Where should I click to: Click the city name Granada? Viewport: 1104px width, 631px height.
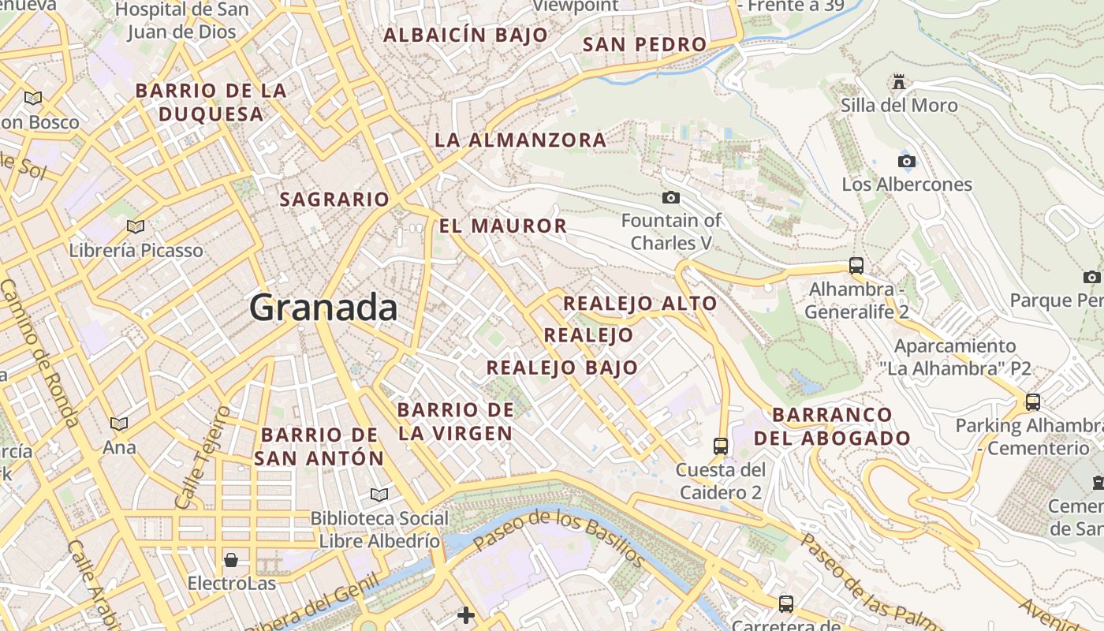tap(323, 308)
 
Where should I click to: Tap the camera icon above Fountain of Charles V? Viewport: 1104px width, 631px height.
tap(671, 197)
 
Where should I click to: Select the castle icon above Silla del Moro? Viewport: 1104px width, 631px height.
tap(898, 82)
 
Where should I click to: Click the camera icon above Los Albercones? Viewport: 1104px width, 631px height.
tap(907, 162)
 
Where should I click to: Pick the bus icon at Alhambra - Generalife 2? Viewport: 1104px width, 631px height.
tap(856, 265)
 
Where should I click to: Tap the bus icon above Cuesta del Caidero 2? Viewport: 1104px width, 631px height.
tap(721, 446)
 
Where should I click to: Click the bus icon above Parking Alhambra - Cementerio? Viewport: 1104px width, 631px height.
tap(1033, 401)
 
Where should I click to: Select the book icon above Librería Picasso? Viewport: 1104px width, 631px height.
tap(136, 227)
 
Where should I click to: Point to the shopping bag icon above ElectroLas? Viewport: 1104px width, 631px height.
tap(231, 560)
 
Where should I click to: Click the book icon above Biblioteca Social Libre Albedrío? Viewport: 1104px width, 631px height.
tap(379, 495)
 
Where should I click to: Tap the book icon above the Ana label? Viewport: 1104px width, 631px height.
tap(119, 424)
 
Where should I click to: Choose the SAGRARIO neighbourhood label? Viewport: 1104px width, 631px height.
tap(335, 200)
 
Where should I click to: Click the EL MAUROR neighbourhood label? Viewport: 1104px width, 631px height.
tap(503, 226)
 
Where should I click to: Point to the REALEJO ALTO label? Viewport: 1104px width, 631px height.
tap(640, 304)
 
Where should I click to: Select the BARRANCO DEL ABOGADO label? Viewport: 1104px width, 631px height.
tap(833, 426)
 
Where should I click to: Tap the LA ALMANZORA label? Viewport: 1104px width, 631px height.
tap(520, 140)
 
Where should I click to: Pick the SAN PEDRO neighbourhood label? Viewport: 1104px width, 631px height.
tap(644, 45)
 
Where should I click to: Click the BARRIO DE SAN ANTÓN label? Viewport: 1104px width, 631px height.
tap(319, 446)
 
